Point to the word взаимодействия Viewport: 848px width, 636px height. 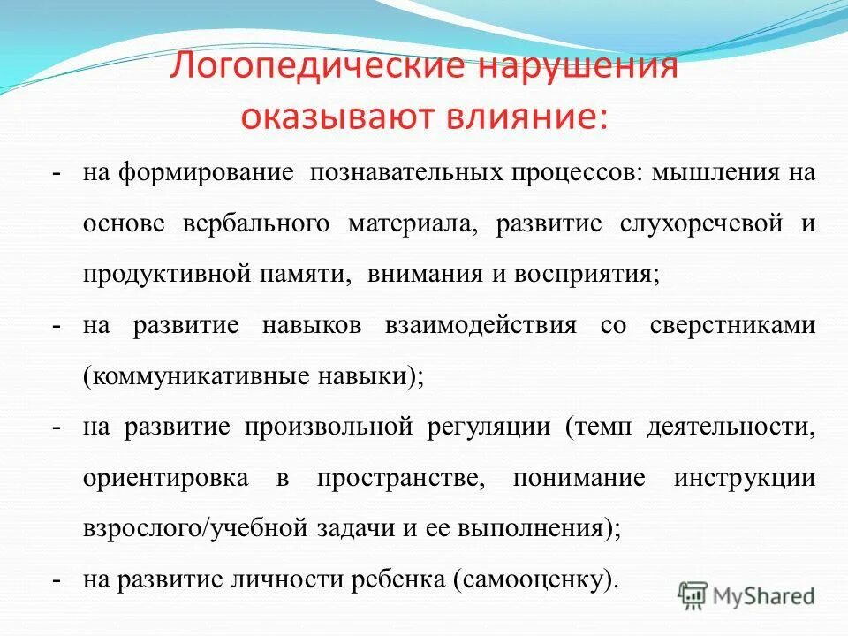click(481, 325)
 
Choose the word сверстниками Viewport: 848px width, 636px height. click(732, 325)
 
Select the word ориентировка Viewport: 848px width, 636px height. click(165, 478)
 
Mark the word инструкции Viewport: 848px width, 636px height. click(744, 478)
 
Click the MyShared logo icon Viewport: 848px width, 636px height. click(693, 595)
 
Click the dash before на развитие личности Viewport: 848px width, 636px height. click(56, 580)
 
